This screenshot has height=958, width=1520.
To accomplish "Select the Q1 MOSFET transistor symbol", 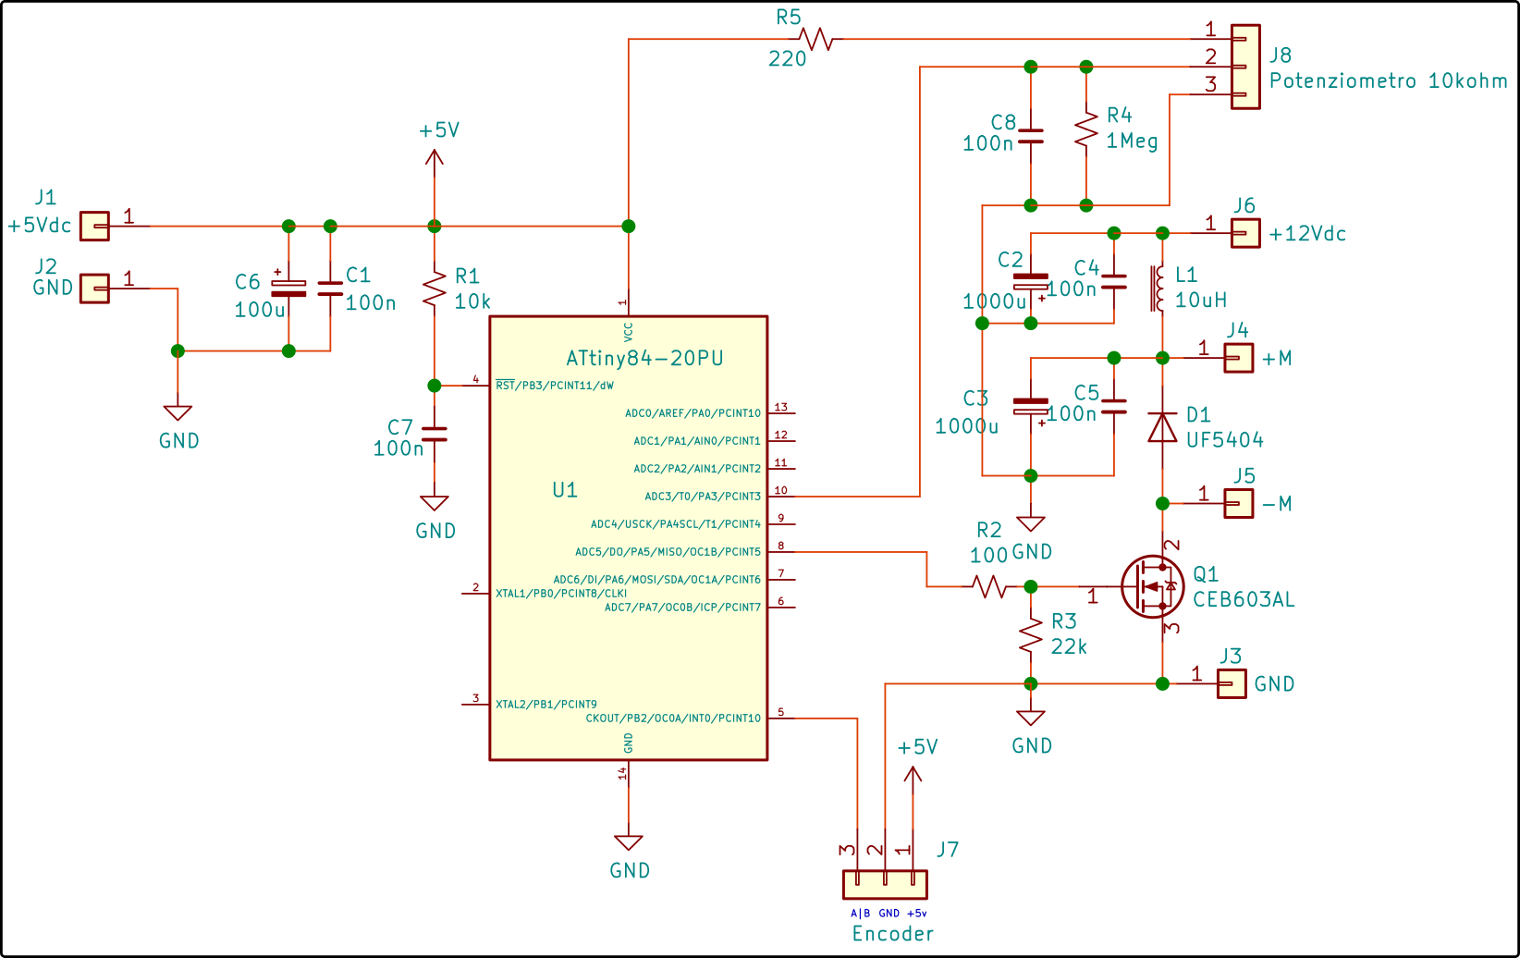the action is (1152, 586).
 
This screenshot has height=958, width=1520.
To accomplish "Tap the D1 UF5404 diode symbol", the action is (1161, 427).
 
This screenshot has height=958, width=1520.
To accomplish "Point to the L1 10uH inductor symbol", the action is (1157, 289).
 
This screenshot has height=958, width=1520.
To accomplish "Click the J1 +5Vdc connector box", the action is (94, 226).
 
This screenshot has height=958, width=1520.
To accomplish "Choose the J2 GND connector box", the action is (94, 289).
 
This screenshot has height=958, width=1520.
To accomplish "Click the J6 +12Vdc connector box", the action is (1245, 233).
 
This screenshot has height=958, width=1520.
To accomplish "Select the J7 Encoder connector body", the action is (885, 885).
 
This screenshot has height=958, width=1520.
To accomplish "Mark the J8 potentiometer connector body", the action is (1245, 67).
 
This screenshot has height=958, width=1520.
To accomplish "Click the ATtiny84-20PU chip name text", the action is (644, 358).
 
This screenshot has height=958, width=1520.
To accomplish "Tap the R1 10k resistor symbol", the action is (435, 289).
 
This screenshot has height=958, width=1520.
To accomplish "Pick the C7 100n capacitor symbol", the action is (435, 435).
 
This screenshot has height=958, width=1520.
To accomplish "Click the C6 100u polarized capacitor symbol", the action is (288, 288).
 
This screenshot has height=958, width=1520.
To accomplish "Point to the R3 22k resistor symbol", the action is (1030, 635).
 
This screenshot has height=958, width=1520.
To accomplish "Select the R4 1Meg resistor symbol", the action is (1085, 129).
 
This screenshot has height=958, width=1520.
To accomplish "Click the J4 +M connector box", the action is (1238, 358).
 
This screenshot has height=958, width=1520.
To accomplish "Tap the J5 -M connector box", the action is (1238, 503).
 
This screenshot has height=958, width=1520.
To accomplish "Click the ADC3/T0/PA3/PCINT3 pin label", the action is (703, 497).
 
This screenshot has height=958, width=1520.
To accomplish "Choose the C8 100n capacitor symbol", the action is (1030, 136).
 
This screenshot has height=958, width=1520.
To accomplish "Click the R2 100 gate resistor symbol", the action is (988, 586).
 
